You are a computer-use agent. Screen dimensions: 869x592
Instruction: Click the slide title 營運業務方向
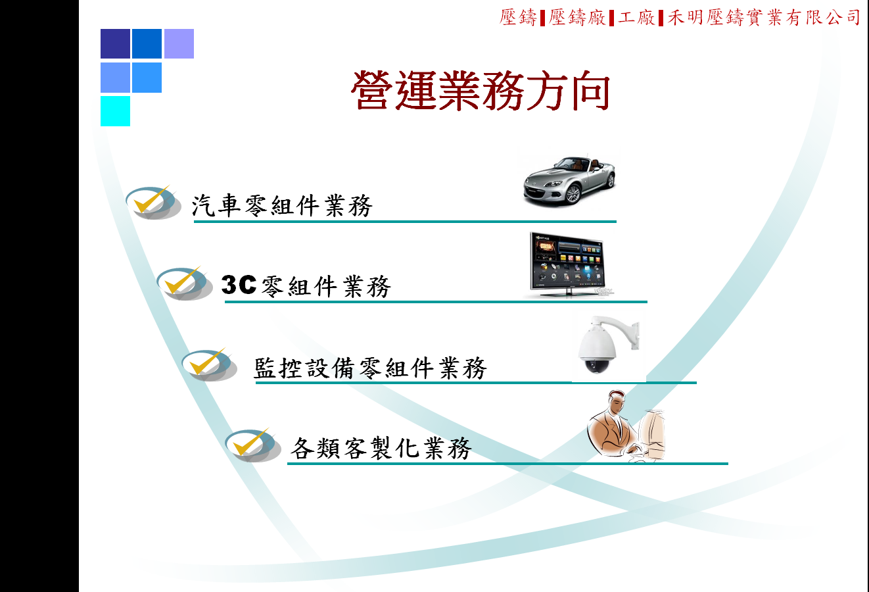pos(481,91)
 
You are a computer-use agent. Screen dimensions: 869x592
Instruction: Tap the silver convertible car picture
pos(569,180)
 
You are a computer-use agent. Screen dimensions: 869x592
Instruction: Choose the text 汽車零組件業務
pos(283,205)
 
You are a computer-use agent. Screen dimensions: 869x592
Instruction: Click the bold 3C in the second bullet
pos(239,285)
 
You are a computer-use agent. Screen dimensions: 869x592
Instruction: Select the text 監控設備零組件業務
pos(370,368)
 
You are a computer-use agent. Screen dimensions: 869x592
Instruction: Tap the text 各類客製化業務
pos(381,448)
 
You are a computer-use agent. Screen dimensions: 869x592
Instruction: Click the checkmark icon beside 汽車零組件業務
pos(153,202)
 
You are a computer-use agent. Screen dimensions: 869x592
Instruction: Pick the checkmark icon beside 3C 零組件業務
pos(184,283)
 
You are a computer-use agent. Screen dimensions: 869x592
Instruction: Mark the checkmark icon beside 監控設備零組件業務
pos(209,364)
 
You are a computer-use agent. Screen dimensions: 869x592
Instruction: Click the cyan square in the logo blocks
pos(115,111)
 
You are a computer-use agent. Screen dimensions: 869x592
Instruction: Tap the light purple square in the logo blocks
pos(179,43)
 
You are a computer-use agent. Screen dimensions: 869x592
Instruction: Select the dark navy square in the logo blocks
pos(115,43)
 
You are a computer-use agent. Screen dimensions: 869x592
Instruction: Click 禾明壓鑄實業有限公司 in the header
pos(764,18)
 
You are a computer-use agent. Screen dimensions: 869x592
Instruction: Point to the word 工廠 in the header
pos(636,18)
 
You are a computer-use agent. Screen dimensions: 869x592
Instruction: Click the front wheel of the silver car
pos(573,195)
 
